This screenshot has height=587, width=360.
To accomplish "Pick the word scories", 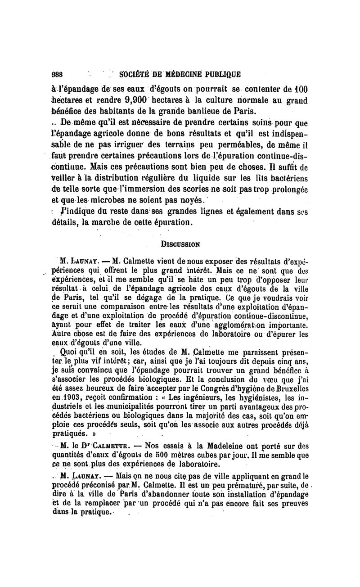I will tap(185, 189).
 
